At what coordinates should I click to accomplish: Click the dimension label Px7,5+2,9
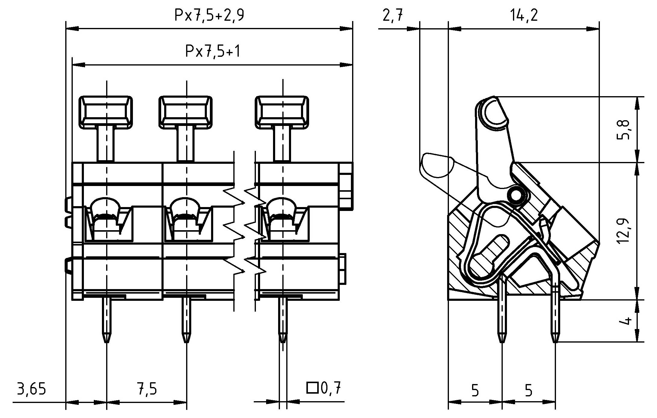[209, 15]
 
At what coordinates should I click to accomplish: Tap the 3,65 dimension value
[31, 389]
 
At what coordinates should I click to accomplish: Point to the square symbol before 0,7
[312, 388]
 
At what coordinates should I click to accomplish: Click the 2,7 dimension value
[393, 15]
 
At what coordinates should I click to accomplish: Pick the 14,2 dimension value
[524, 15]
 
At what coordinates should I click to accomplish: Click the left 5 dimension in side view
[475, 390]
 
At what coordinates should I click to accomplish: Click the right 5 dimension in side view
[528, 390]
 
